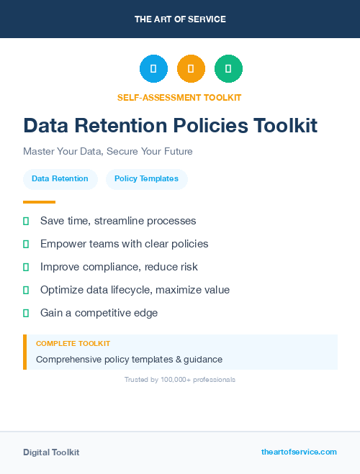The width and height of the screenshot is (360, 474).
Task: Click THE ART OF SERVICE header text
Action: pyautogui.click(x=180, y=19)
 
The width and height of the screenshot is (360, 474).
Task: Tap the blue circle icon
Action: pyautogui.click(x=153, y=69)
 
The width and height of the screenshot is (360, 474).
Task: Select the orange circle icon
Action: pyautogui.click(x=191, y=69)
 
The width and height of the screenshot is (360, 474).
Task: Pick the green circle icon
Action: pyautogui.click(x=228, y=69)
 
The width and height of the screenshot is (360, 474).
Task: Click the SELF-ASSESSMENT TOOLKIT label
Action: pyautogui.click(x=180, y=97)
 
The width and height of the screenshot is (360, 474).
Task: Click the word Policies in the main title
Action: pyautogui.click(x=210, y=126)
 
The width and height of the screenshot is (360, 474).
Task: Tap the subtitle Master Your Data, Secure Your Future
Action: pyautogui.click(x=108, y=152)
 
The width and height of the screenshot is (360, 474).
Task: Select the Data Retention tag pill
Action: pyautogui.click(x=60, y=179)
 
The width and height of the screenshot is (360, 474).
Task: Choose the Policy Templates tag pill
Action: pyautogui.click(x=146, y=179)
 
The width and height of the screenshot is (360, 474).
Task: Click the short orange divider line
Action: pyautogui.click(x=39, y=202)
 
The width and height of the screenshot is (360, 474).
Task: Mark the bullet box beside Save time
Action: pyautogui.click(x=26, y=221)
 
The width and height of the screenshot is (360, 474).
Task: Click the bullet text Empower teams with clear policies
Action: pyautogui.click(x=124, y=244)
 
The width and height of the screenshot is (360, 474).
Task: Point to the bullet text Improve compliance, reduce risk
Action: pyautogui.click(x=119, y=267)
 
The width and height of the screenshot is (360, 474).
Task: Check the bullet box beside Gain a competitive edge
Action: pyautogui.click(x=26, y=313)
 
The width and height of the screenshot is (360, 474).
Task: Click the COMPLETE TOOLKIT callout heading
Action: pyautogui.click(x=73, y=344)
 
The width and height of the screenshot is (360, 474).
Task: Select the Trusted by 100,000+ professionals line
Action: pyautogui.click(x=180, y=379)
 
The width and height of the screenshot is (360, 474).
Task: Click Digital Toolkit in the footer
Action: pyautogui.click(x=51, y=452)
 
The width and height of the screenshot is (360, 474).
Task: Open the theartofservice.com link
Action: pyautogui.click(x=299, y=452)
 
